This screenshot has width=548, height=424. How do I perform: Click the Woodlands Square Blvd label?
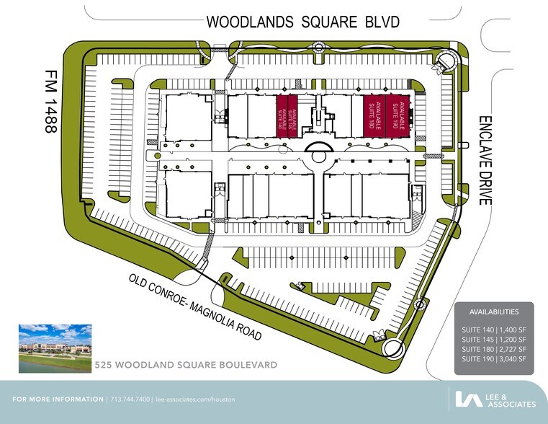302,22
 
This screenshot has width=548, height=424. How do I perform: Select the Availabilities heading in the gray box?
493,312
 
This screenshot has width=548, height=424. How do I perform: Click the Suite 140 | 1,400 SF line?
493,330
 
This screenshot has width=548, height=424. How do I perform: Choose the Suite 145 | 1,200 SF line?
493,340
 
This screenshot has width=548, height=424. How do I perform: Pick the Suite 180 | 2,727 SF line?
493,349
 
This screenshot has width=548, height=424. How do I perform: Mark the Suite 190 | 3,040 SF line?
493,358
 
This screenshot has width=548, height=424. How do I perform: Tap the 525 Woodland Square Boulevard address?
186,366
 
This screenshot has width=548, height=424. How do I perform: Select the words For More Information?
58,399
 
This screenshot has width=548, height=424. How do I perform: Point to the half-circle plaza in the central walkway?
318,149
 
